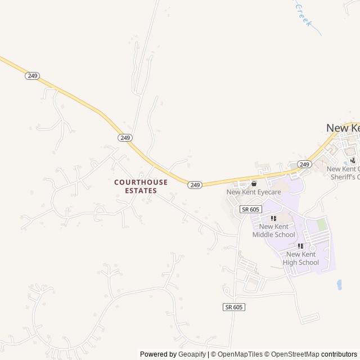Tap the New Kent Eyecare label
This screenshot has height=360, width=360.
coord(254,192)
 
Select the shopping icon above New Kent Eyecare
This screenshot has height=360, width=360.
coord(254,183)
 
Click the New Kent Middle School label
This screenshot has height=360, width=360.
coord(273,231)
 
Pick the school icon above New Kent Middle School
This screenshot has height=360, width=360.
coord(273,219)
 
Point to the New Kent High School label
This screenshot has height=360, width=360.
coord(301,259)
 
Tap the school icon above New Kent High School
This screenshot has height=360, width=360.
coord(301,246)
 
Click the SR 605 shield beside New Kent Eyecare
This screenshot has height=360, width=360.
coord(251,209)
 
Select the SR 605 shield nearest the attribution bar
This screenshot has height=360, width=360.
coord(234,307)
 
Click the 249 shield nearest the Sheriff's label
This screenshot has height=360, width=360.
coord(304,164)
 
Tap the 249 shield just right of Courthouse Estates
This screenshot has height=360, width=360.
coord(195,184)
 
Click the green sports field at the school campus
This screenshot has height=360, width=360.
coord(322,225)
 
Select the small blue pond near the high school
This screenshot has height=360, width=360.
coord(340,285)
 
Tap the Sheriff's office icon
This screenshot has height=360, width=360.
coord(353,160)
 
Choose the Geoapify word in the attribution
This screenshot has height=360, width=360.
coord(192,354)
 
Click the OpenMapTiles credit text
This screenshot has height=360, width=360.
coord(240,354)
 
